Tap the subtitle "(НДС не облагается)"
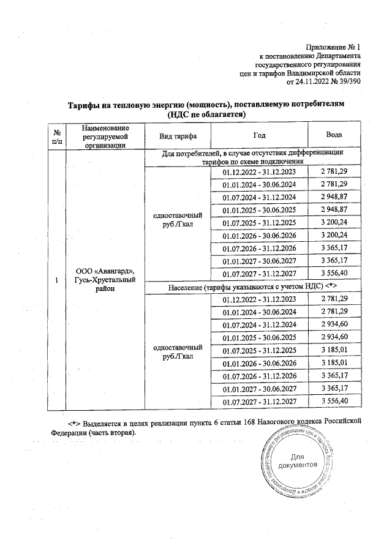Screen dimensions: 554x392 [x=206, y=114]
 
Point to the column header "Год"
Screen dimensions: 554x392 [x=259, y=135]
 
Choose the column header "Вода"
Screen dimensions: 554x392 [x=334, y=135]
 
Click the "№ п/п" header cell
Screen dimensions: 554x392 [x=57, y=135]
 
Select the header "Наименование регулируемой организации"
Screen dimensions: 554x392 [x=98, y=135]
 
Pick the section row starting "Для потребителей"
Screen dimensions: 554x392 [x=252, y=157]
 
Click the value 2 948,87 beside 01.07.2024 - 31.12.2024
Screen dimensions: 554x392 [x=334, y=197]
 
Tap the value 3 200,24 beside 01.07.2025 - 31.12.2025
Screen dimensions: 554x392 [x=334, y=222]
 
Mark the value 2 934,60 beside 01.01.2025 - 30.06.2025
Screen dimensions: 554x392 [x=334, y=337]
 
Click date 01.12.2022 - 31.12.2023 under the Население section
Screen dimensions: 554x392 [x=259, y=299]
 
